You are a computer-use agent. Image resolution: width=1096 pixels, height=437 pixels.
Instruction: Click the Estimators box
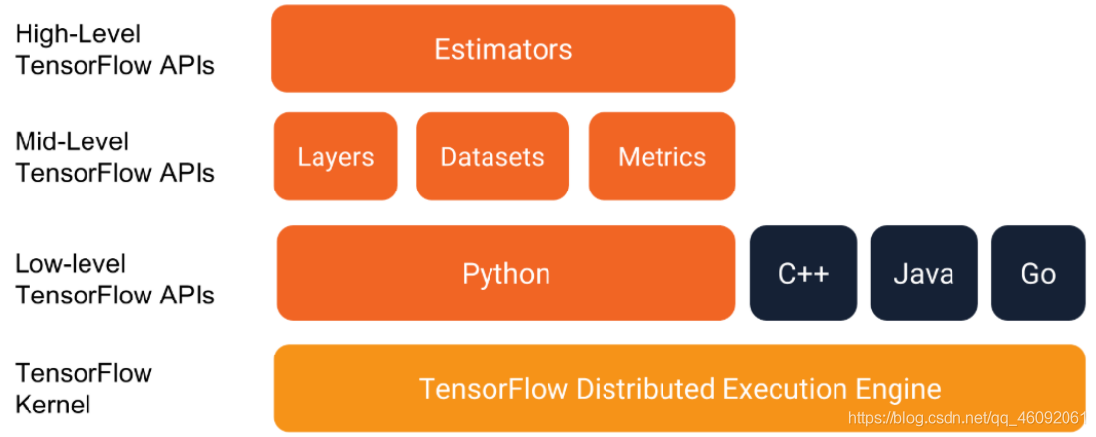[503, 49]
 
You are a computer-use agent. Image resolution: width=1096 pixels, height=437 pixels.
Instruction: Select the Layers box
[335, 156]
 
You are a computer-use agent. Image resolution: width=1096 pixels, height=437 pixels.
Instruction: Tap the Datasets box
[492, 156]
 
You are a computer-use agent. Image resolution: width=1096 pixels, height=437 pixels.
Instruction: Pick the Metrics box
[662, 156]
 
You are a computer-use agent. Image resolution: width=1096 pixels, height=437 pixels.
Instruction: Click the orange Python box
[506, 273]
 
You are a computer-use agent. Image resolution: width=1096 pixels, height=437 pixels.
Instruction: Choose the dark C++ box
[803, 273]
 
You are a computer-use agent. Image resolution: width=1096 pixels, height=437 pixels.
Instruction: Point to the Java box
[923, 273]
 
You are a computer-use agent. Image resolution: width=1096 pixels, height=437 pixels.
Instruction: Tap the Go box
[1038, 273]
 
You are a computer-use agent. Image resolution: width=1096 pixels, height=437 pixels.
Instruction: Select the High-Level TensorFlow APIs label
[115, 49]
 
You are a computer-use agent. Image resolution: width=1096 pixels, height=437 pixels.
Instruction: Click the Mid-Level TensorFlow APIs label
[115, 157]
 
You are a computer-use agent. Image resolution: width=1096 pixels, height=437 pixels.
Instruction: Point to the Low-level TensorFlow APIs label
[115, 279]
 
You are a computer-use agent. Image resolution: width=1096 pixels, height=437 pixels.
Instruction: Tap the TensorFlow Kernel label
[84, 388]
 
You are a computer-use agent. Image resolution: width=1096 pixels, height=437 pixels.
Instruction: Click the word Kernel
[53, 404]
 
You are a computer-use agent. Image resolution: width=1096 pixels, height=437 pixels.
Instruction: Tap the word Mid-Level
[72, 141]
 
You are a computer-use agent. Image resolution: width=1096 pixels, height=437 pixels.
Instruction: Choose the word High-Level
[78, 35]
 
